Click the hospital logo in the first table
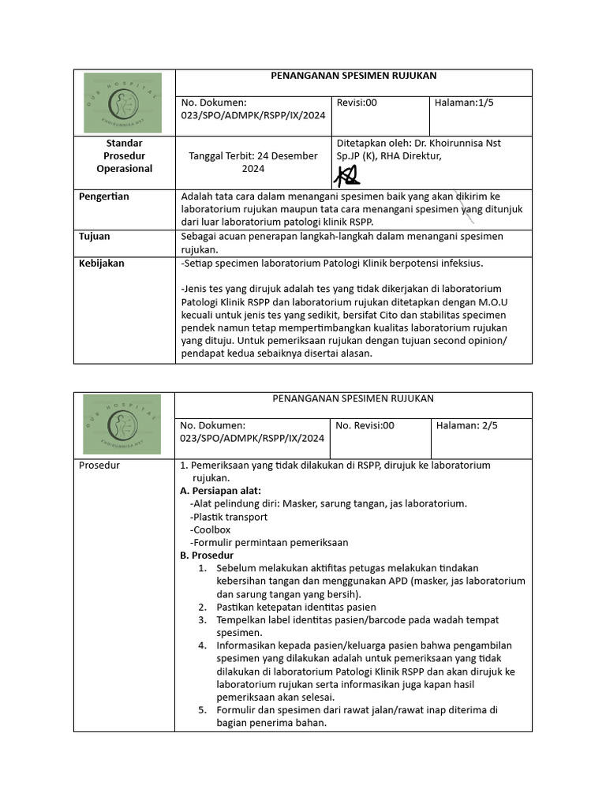tap(122, 103)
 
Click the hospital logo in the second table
tap(122, 424)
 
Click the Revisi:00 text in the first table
tap(357, 103)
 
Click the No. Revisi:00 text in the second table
tap(365, 425)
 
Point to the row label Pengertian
tap(104, 196)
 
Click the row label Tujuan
tap(95, 236)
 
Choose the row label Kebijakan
tap(102, 264)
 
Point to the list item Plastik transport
tap(229, 517)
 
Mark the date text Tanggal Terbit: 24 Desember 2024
tap(252, 162)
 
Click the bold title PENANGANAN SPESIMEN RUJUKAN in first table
tap(353, 76)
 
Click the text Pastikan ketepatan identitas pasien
tap(296, 607)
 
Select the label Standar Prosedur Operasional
tap(124, 155)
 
